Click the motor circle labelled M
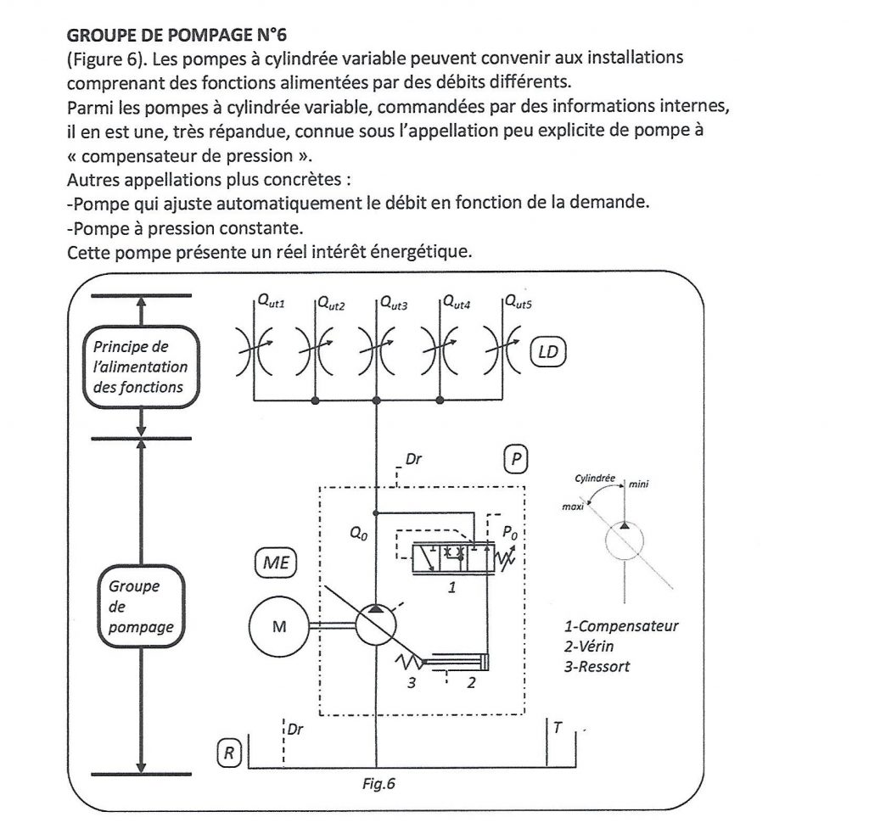pos(278,628)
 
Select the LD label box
pos(548,350)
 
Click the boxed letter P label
pos(515,460)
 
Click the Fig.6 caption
pos(378,784)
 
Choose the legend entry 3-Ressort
pos(597,666)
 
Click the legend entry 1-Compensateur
pos(621,627)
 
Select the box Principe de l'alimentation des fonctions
pos(140,367)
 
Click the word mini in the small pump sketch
pos(638,484)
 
